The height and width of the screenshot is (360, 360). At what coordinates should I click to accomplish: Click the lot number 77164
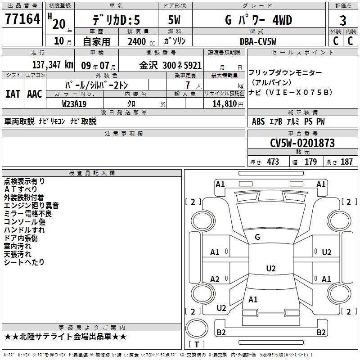tap(22, 18)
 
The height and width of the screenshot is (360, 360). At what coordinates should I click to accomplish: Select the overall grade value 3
tap(343, 20)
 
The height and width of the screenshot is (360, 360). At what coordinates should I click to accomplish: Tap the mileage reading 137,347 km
tap(53, 65)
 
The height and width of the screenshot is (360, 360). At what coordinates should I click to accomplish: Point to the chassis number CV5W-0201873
tap(302, 143)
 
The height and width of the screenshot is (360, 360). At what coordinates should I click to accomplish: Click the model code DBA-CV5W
tap(258, 41)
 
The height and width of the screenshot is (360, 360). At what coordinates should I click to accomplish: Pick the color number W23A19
tap(74, 104)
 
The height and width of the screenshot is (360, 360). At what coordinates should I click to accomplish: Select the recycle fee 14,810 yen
tap(228, 104)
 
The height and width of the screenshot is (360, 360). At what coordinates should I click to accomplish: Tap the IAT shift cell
tap(13, 94)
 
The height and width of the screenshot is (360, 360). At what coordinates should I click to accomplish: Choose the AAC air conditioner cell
tap(35, 94)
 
